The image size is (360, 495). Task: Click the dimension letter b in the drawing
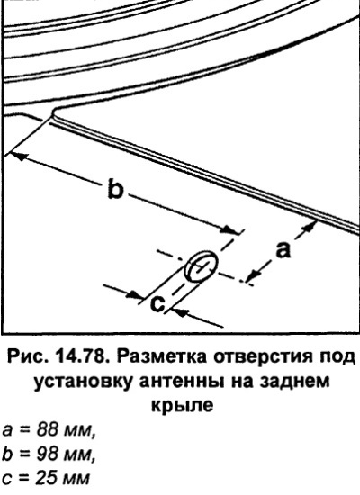[115, 188]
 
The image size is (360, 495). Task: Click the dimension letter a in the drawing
[283, 249]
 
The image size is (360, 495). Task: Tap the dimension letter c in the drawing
[157, 303]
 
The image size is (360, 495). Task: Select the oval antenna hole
[202, 266]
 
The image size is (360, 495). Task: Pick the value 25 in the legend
[47, 478]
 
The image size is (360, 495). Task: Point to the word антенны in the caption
[181, 382]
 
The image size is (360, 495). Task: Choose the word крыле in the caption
[182, 406]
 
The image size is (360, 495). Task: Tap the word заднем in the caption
[294, 382]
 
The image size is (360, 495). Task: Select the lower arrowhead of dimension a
[254, 275]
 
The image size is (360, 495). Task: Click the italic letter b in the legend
[6, 454]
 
